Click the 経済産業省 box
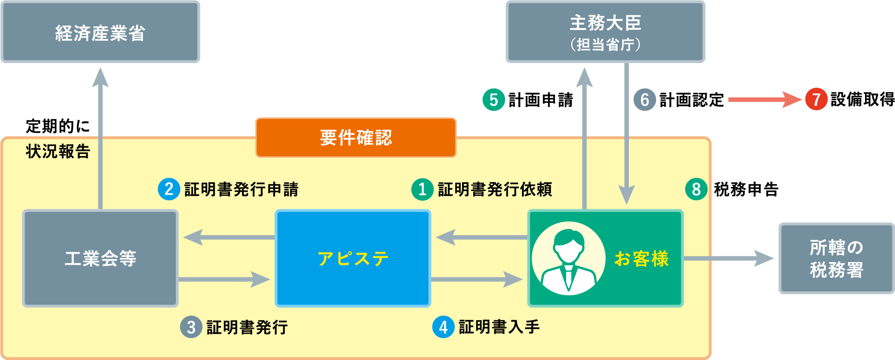(x=100, y=32)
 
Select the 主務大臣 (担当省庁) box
(x=605, y=32)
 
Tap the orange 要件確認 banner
(x=356, y=138)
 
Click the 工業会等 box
(x=100, y=258)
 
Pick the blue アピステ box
(x=353, y=258)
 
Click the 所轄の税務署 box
(x=836, y=258)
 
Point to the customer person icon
(x=568, y=258)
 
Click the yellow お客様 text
(x=641, y=259)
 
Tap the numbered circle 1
(x=422, y=189)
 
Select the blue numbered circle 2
(x=169, y=189)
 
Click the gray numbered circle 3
(x=191, y=327)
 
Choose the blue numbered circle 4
(x=443, y=327)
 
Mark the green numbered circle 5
(x=493, y=100)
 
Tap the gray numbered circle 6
(x=645, y=100)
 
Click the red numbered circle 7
(x=816, y=99)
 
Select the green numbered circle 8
(x=696, y=189)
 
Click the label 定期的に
(x=58, y=126)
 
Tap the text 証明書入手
(x=499, y=327)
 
